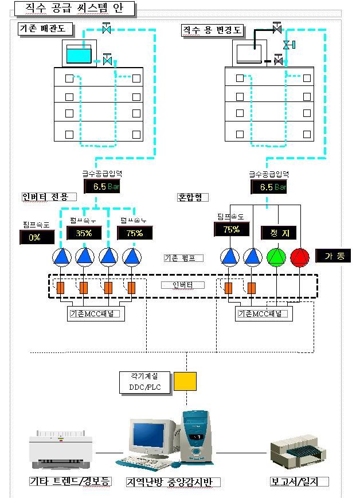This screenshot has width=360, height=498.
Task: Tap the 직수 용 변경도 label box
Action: (x=212, y=30)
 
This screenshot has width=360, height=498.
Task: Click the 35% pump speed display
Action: (x=84, y=233)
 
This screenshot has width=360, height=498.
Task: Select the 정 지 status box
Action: (x=277, y=233)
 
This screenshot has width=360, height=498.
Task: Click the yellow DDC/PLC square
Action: (x=185, y=382)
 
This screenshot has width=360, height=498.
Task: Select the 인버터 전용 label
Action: (x=45, y=197)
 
